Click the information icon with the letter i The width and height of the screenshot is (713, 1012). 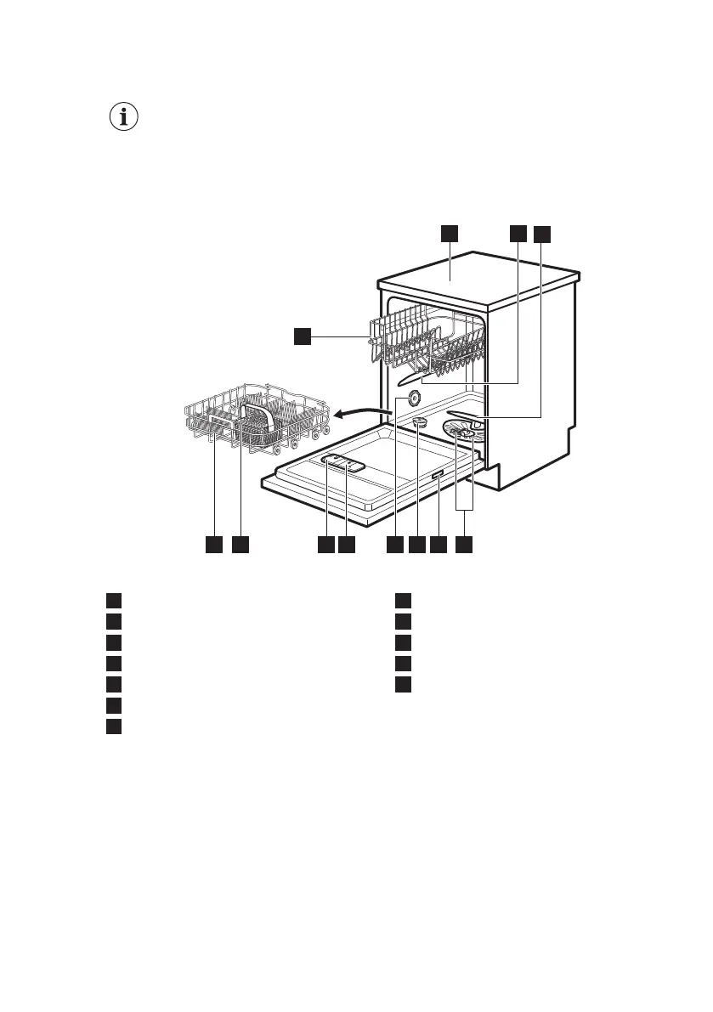[x=125, y=118]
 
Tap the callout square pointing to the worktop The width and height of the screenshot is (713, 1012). [x=449, y=233]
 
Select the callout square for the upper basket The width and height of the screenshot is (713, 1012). [x=303, y=338]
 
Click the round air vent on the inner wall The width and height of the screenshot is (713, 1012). [x=415, y=399]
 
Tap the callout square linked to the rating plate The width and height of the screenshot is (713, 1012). [x=439, y=543]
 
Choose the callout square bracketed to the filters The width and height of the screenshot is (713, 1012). [x=464, y=543]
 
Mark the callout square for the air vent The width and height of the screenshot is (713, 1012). [x=396, y=543]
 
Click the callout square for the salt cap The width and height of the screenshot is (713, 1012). [x=417, y=543]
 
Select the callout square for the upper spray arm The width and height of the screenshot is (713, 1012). [x=518, y=233]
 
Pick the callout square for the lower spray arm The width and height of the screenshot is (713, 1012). [x=542, y=233]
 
